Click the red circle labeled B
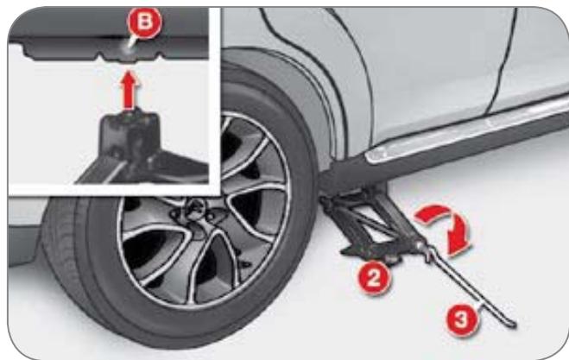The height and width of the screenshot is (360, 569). [x=144, y=22]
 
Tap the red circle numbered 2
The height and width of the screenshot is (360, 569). [x=374, y=278]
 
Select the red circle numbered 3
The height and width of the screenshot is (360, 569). [x=462, y=319]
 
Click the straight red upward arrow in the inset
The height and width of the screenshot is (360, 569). [x=130, y=89]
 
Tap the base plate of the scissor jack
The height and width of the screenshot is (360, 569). [x=369, y=253]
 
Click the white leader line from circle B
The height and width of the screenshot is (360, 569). [x=132, y=43]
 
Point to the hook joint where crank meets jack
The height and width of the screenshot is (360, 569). [x=428, y=251]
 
